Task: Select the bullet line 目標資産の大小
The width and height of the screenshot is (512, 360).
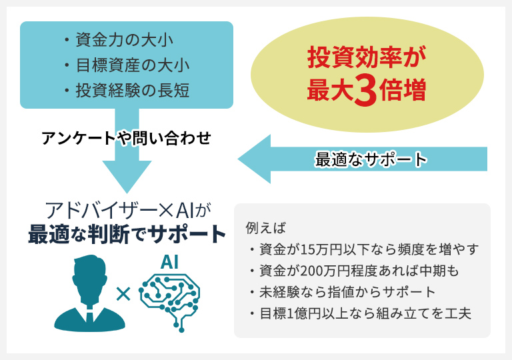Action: pos(127,65)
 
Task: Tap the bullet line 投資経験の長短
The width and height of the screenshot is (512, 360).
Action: pos(127,91)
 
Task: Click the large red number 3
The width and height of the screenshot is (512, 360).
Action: pos(366,90)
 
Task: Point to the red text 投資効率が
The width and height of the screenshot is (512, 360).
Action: pos(367,57)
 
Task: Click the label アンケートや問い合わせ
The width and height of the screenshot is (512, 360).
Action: pos(127,138)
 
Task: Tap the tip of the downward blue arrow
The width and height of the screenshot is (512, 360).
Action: pos(127,193)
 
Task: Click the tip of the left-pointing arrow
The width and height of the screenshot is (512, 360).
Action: pos(239,159)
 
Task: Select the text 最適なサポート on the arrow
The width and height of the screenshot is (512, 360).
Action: pos(371,160)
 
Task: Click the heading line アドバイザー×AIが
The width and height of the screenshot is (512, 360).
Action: pos(128,211)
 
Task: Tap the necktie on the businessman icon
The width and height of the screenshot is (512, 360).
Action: pos(89,315)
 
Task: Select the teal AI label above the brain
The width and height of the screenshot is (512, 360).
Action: pos(169,262)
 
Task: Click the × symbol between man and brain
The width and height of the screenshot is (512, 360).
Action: pos(123,294)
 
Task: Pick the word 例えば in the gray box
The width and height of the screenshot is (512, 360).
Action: pos(265,228)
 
